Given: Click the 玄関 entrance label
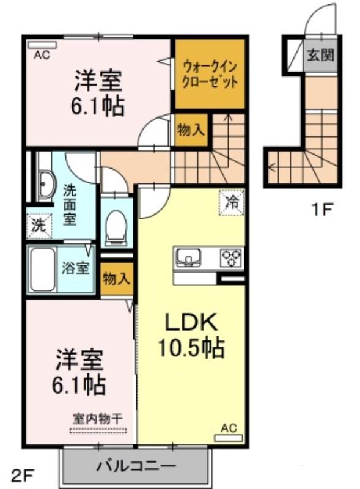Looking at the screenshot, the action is (x=320, y=55).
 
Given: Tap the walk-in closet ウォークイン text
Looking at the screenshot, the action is (x=210, y=67).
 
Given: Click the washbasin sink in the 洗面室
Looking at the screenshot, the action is (x=46, y=186).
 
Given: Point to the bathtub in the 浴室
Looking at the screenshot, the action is (x=43, y=269).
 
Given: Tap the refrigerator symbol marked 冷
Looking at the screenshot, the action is (x=232, y=203).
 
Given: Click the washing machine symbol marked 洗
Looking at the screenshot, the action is (x=39, y=226).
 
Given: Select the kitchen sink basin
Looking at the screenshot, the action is (x=188, y=257).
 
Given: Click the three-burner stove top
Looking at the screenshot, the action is (x=231, y=257).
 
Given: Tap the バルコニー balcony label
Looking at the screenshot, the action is (x=136, y=466).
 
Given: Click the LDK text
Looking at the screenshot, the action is (x=191, y=323).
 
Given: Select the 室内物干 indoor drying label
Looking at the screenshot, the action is (x=98, y=419).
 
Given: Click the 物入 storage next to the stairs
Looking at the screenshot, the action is (x=191, y=130).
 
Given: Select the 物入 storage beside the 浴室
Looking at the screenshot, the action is (x=116, y=279).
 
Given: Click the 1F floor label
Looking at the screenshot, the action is (x=321, y=209).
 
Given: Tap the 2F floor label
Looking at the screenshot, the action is (x=22, y=476).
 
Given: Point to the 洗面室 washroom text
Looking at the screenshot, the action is (x=70, y=205).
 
